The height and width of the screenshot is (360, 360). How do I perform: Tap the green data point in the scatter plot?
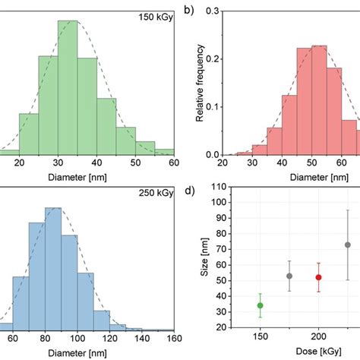click(x=261, y=305)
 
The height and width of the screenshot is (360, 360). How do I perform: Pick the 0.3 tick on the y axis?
click(x=212, y=12)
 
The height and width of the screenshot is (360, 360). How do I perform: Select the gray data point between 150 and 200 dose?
click(x=289, y=276)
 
